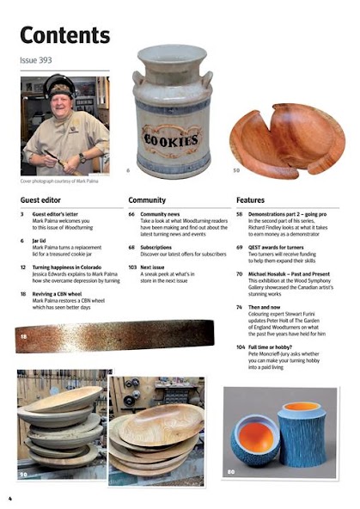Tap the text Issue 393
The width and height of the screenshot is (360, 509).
[35, 61]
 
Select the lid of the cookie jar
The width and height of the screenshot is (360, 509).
[173, 58]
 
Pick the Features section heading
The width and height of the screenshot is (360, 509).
[250, 199]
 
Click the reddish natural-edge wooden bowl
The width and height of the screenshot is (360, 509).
[288, 138]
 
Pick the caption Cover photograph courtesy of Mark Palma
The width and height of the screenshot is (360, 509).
[64, 181]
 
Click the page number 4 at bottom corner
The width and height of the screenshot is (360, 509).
[9, 499]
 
